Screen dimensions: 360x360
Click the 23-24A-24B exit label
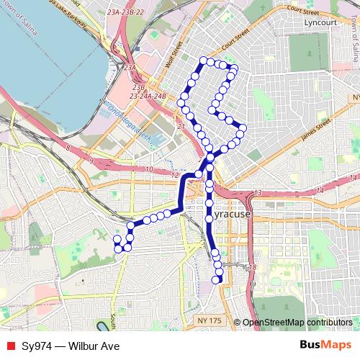pos(148,95)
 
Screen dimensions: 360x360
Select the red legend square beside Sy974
pos(10,346)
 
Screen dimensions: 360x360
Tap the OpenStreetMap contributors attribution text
pos(299,322)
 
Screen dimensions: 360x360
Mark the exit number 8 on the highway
pos(68,148)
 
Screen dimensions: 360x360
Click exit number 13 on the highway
pos(257,193)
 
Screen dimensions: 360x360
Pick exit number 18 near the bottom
pos(252,267)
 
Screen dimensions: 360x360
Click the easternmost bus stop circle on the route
pos(243,129)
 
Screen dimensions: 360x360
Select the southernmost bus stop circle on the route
pos(217,279)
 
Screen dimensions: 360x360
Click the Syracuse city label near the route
pos(233,215)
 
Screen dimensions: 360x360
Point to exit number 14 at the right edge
pos(352,177)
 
